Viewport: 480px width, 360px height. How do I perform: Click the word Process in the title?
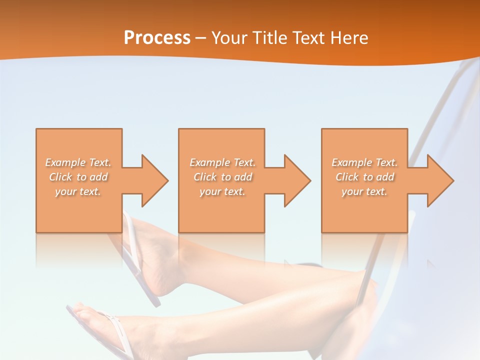[x=157, y=38]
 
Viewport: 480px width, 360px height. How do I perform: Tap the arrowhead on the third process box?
[x=439, y=180]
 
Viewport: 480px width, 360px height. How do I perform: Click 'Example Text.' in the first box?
[x=78, y=162]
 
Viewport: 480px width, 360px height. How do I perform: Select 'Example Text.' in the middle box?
[x=222, y=162]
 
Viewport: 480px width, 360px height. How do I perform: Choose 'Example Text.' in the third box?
[x=364, y=162]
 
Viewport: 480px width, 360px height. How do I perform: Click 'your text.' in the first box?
[x=78, y=191]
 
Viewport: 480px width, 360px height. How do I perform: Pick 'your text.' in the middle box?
[x=222, y=191]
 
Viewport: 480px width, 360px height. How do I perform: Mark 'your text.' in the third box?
[x=364, y=191]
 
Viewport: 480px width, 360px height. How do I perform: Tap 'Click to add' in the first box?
[x=78, y=177]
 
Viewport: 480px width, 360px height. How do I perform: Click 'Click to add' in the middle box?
[x=222, y=177]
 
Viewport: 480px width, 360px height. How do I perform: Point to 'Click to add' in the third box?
[x=364, y=177]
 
